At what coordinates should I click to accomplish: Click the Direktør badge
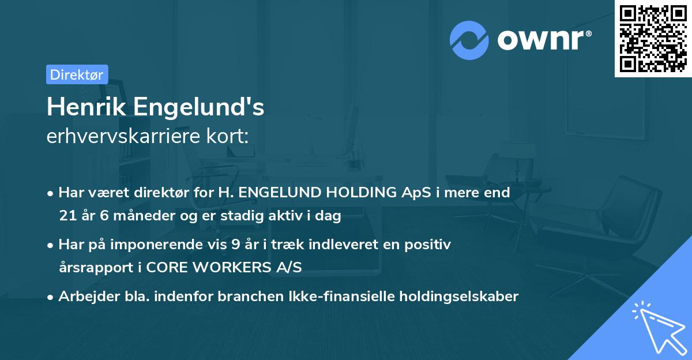point(77,74)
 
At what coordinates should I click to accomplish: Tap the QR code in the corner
point(652,39)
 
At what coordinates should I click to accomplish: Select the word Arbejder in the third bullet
point(85,297)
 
